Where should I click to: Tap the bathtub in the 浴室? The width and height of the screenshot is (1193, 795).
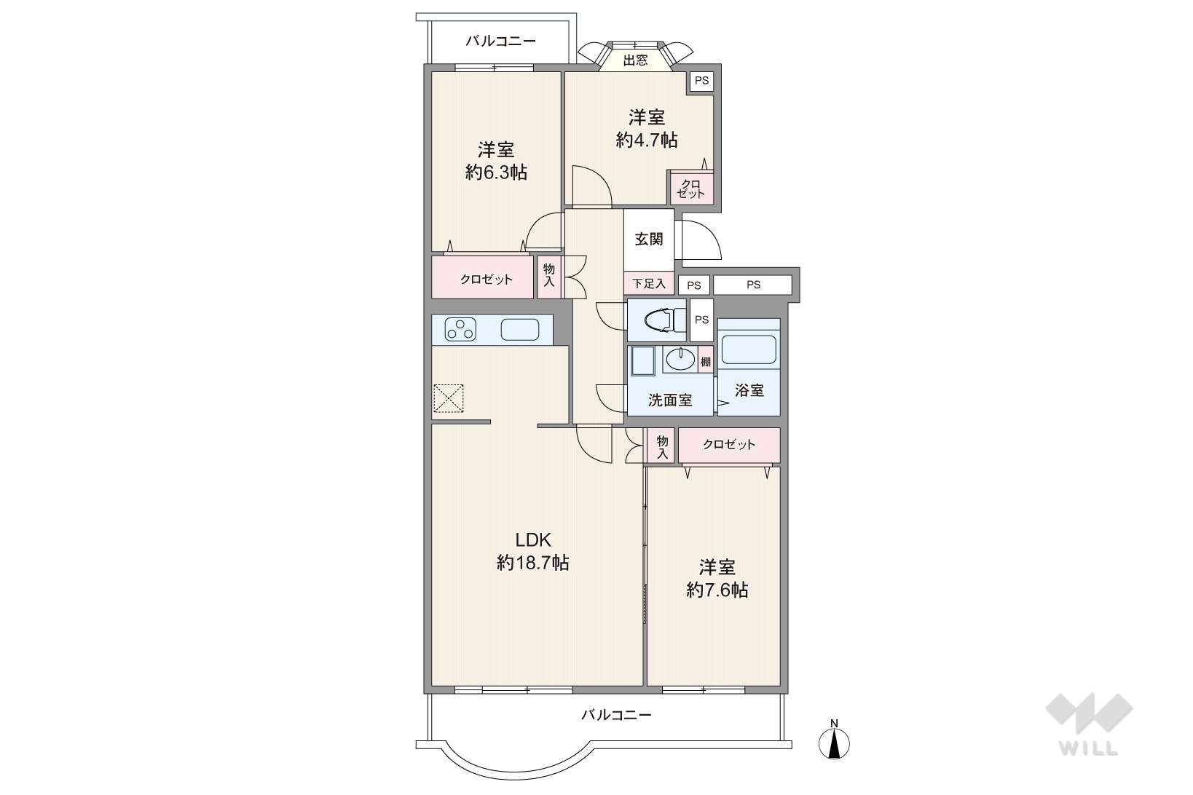[x=748, y=349]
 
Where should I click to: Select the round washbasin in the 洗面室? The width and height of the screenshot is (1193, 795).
[x=680, y=359]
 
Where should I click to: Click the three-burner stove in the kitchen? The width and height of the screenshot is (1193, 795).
[x=460, y=329]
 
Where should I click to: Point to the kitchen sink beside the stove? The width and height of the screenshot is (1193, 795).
[x=520, y=329]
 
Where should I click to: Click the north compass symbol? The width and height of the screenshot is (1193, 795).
[x=834, y=740]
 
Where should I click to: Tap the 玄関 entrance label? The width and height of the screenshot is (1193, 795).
[x=649, y=240]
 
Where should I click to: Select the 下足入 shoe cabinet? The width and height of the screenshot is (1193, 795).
[x=649, y=283]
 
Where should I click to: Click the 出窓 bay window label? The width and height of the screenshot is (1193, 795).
[x=635, y=60]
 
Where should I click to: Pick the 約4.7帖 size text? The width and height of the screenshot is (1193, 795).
[x=647, y=140]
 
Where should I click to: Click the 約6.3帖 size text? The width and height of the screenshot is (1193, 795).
[x=496, y=172]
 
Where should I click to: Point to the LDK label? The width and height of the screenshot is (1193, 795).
[x=532, y=540]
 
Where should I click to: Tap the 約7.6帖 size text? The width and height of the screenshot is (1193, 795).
[x=717, y=590]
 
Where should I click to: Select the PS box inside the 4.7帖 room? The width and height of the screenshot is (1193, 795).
[x=702, y=80]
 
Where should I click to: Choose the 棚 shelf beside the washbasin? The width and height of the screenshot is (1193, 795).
[x=706, y=362]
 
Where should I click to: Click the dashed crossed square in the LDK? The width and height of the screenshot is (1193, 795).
[x=449, y=398]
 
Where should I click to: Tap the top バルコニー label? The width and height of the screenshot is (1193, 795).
[x=500, y=41]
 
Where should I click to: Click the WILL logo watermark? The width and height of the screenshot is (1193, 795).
[x=1089, y=724]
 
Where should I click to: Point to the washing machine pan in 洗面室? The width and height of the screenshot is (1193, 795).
[x=643, y=362]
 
